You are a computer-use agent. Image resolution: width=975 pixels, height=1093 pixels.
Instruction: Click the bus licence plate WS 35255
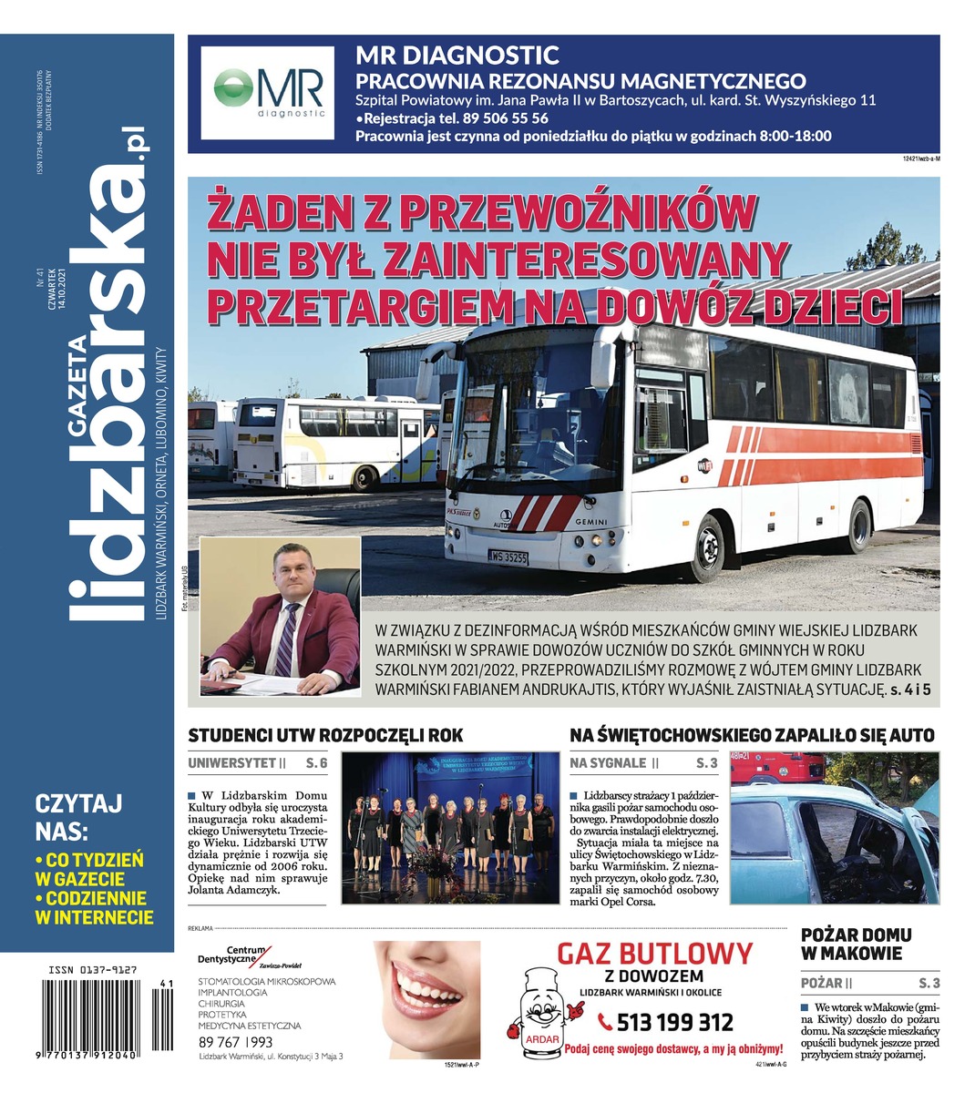[x=508, y=557]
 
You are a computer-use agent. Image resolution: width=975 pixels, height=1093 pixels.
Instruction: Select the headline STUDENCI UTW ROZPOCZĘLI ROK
[x=325, y=735]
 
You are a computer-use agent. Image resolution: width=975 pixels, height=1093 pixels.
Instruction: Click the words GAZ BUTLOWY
[x=655, y=955]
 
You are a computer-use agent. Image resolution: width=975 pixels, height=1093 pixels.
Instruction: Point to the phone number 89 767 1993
[x=235, y=1042]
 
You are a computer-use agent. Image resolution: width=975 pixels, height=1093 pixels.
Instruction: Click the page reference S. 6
[x=316, y=762]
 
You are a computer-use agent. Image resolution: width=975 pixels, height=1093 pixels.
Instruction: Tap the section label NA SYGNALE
[x=608, y=762]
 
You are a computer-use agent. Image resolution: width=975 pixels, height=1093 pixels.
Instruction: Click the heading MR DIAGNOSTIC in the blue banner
[x=457, y=56]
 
